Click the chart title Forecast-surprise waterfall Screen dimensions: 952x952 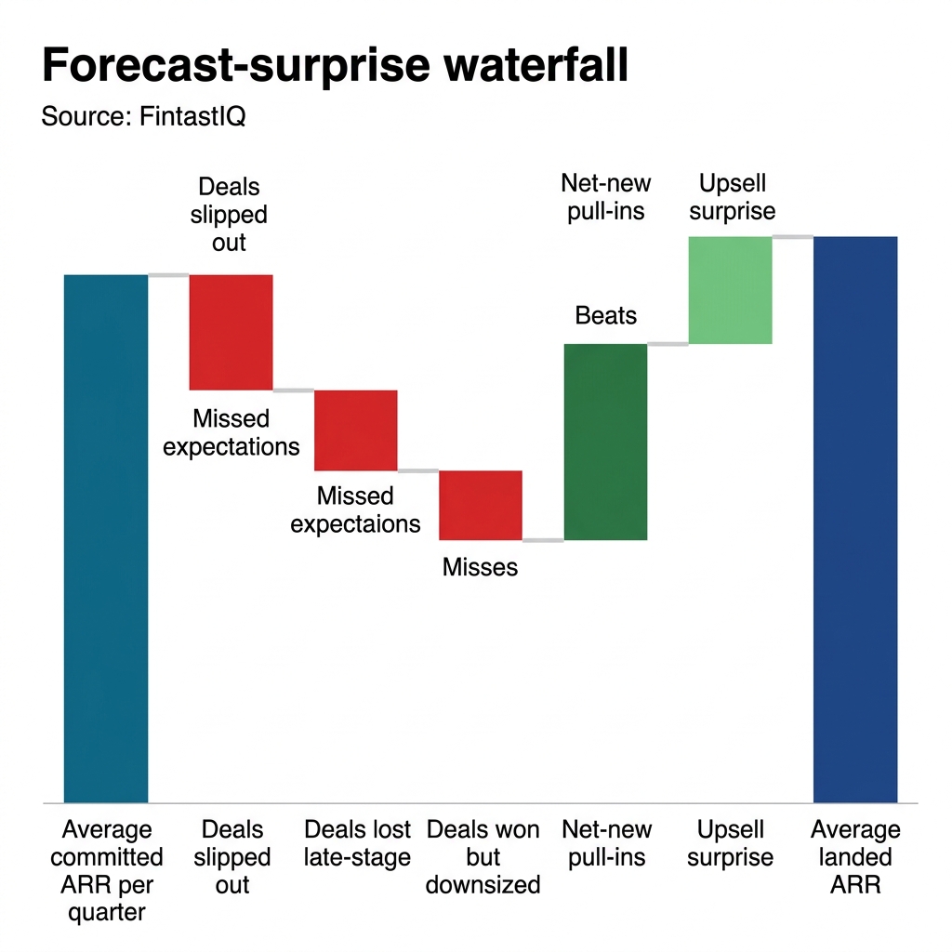pyautogui.click(x=335, y=68)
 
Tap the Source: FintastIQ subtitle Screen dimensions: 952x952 pyautogui.click(x=143, y=117)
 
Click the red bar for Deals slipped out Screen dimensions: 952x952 pyautogui.click(x=231, y=332)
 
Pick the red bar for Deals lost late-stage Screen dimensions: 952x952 pyautogui.click(x=356, y=430)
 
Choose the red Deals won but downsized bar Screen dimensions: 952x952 pyautogui.click(x=481, y=505)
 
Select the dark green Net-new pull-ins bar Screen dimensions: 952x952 pyautogui.click(x=605, y=442)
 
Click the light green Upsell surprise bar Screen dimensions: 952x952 pyautogui.click(x=730, y=290)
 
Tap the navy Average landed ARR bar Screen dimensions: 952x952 pyautogui.click(x=855, y=519)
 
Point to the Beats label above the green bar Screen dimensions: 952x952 pyautogui.click(x=606, y=316)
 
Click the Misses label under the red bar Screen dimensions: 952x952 pyautogui.click(x=480, y=566)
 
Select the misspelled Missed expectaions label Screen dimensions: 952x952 pyautogui.click(x=355, y=509)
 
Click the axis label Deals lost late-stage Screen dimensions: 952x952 pyautogui.click(x=357, y=843)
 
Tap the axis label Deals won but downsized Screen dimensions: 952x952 pyautogui.click(x=483, y=856)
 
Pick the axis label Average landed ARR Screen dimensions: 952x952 pyautogui.click(x=855, y=856)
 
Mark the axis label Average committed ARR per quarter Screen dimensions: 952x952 pyautogui.click(x=106, y=870)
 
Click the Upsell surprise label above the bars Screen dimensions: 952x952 pyautogui.click(x=732, y=197)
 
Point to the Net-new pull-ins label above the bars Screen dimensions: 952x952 pyautogui.click(x=606, y=197)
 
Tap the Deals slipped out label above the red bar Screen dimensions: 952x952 pyautogui.click(x=230, y=215)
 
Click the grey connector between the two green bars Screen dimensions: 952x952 pyautogui.click(x=667, y=344)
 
